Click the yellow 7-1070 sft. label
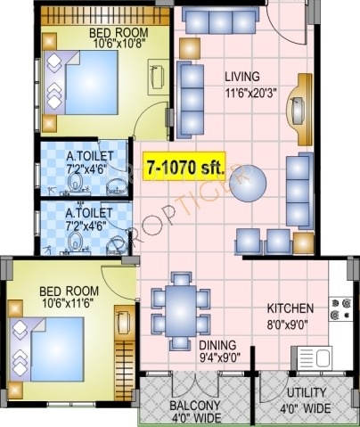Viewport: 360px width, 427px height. coord(184,166)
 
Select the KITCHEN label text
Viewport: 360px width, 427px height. coord(289,309)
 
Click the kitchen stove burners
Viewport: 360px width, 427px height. coord(340,308)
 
